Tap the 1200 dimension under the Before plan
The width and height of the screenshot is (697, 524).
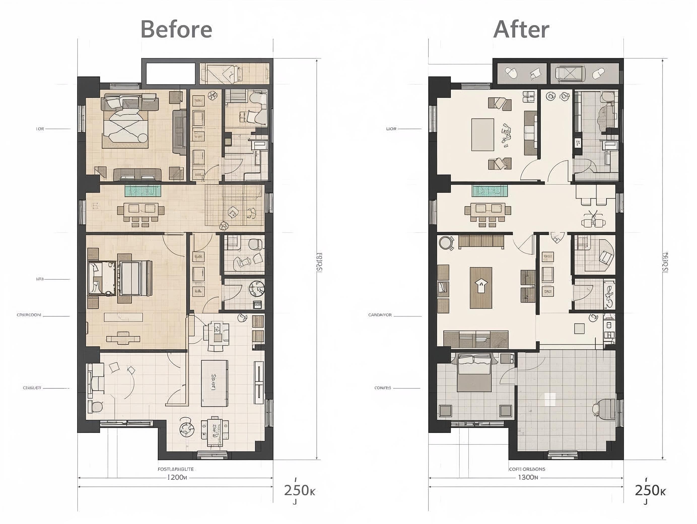[x=176, y=477]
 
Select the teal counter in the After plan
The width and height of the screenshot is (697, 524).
[x=490, y=191]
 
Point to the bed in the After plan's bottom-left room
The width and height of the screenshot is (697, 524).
[x=474, y=372]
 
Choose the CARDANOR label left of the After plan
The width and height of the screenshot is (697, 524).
[x=380, y=315]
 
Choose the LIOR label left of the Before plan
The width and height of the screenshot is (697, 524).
[x=40, y=129]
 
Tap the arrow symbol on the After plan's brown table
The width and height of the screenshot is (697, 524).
[x=481, y=286]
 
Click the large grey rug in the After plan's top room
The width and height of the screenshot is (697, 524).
[x=482, y=135]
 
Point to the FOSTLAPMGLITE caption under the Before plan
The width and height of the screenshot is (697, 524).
[x=176, y=469]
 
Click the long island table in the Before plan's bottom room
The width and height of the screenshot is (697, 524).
[x=215, y=383]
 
